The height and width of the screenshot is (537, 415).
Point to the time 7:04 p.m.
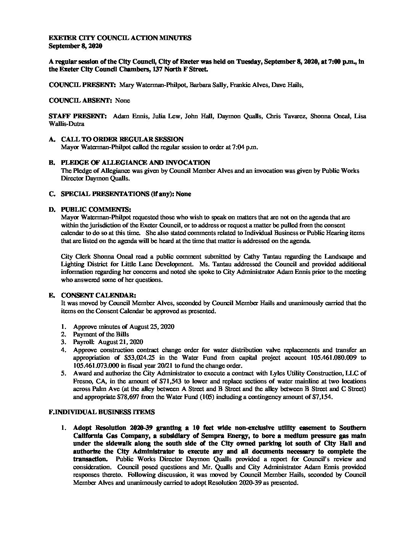click(x=245, y=147)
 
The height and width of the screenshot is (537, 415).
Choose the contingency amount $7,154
click(x=320, y=397)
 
